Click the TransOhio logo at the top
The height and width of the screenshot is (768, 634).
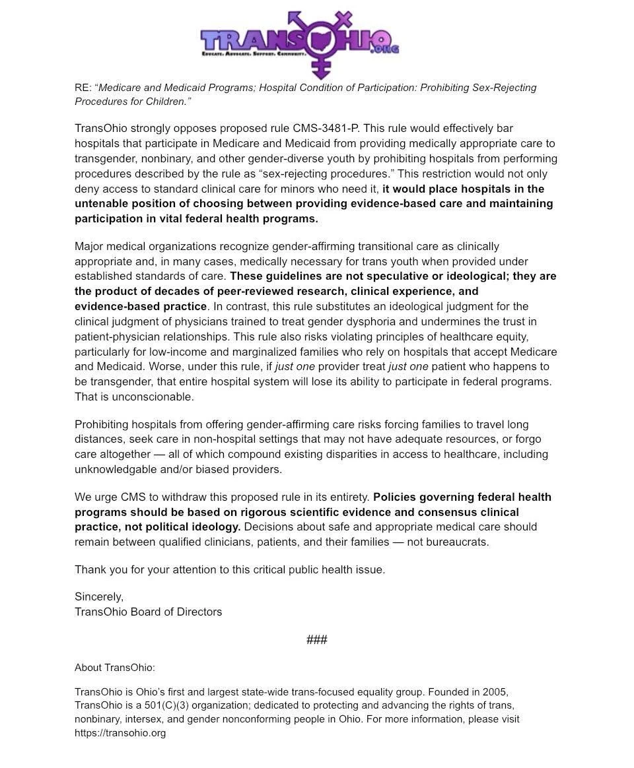pos(300,44)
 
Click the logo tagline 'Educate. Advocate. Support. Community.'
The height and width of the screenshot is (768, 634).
pos(254,53)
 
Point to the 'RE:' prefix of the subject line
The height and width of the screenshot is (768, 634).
pos(83,88)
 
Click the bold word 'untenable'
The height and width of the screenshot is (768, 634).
pos(99,204)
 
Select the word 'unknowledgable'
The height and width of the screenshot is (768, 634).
pos(112,470)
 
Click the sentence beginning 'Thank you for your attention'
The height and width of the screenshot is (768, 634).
pos(229,570)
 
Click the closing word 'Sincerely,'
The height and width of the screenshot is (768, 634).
pos(99,597)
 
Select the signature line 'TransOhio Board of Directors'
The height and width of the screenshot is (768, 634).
pos(148,612)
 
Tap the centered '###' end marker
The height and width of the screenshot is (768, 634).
pos(317,640)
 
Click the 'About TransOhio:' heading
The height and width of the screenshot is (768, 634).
pos(115,668)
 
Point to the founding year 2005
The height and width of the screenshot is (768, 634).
pos(495,692)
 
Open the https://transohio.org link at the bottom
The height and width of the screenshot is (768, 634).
pos(120,733)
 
